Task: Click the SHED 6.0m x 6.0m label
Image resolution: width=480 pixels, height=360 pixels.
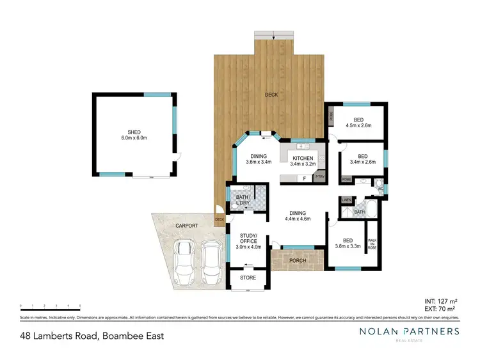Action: (x=134, y=135)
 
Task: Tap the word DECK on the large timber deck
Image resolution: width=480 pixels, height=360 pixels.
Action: (x=271, y=95)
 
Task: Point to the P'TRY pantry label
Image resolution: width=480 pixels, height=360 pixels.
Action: (x=319, y=176)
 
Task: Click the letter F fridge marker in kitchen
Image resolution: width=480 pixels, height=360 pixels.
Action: (x=304, y=179)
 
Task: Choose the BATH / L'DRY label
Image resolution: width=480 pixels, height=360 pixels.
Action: (x=243, y=200)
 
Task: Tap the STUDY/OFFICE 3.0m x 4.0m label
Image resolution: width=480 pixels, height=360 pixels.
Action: (x=248, y=243)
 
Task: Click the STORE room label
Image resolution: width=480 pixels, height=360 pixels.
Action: (x=248, y=278)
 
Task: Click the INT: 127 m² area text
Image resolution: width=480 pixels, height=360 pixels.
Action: (x=440, y=300)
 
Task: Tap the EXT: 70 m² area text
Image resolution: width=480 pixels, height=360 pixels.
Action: (x=442, y=308)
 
